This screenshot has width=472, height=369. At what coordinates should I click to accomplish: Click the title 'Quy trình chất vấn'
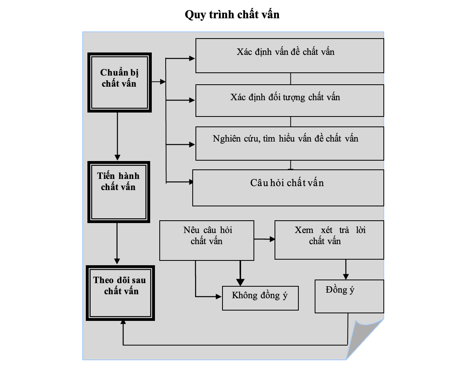232,14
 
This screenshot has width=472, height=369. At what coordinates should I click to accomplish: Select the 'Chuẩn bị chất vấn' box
120,83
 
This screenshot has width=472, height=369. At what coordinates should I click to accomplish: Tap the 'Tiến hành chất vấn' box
119,192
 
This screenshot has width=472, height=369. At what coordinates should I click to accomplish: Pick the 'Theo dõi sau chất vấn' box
120,293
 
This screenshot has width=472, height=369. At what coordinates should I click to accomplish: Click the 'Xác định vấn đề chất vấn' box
290,55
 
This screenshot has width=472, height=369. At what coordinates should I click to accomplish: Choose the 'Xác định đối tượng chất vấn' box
290,100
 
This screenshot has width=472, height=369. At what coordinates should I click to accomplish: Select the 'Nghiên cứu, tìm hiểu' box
290,144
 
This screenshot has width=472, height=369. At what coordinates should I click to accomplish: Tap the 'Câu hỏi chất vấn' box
288,188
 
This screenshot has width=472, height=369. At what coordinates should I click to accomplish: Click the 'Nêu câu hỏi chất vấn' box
207,241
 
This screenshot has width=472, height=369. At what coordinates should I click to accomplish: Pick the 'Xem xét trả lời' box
329,240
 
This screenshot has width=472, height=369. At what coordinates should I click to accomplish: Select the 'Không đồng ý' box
260,298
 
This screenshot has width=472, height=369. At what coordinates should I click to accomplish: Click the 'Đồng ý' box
349,296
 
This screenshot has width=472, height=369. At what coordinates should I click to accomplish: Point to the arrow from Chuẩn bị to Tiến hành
117,136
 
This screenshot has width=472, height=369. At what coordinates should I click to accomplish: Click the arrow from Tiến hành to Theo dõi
117,244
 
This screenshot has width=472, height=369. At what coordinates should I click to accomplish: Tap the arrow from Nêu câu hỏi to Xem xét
265,239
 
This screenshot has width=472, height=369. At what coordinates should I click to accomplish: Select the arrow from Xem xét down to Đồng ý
346,269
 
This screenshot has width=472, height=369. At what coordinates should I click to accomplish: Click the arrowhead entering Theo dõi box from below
123,322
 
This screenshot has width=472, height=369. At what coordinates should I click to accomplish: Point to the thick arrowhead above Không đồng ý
240,282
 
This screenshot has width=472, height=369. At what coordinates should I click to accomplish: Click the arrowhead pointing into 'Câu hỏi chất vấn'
191,182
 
